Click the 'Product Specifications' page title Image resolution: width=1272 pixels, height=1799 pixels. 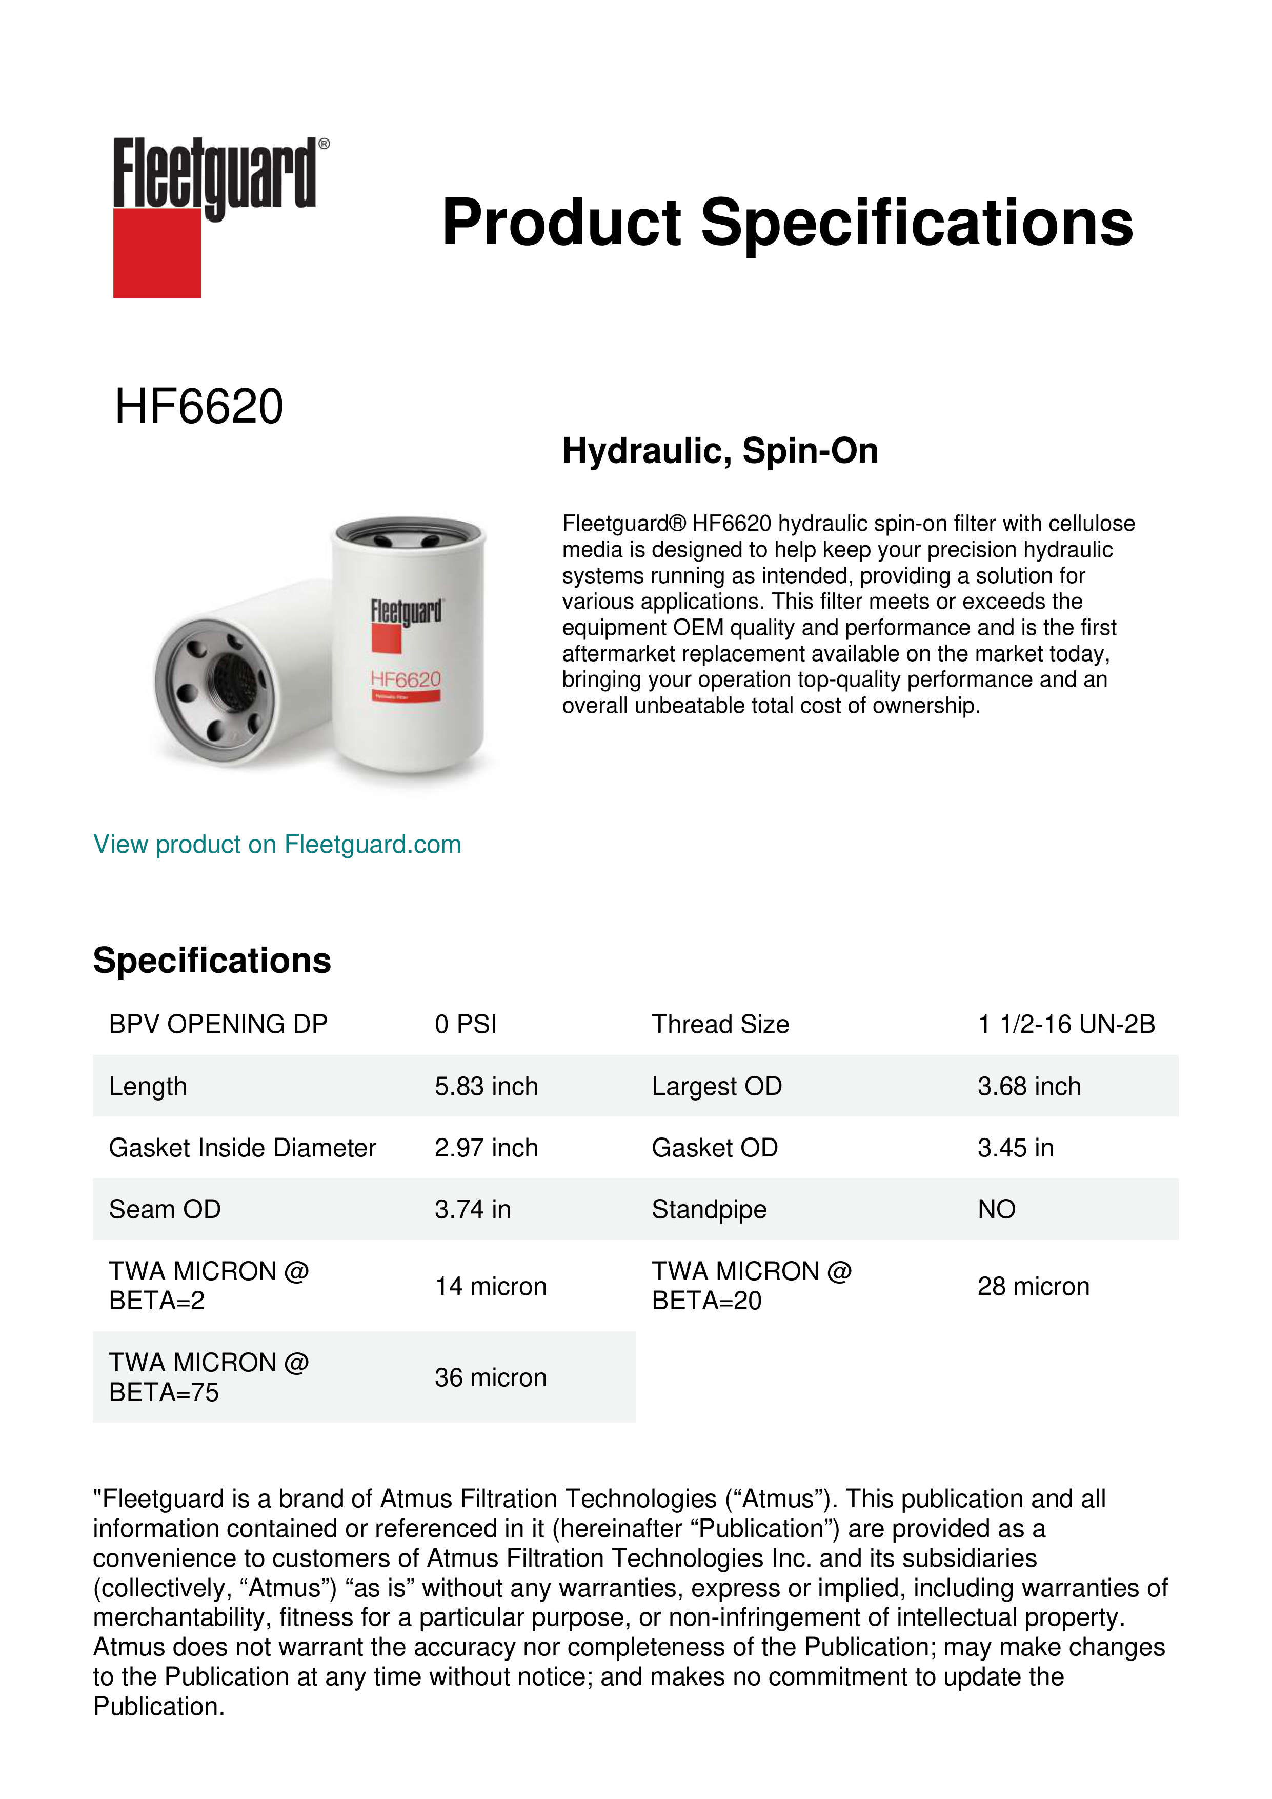787,223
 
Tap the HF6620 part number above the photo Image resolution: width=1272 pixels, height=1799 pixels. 199,407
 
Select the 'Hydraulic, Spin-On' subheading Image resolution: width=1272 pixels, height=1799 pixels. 720,451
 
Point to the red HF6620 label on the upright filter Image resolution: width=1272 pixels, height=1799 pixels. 406,679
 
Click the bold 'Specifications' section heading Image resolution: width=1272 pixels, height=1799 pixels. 211,961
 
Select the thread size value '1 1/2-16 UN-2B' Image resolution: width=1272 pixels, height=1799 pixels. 1066,1024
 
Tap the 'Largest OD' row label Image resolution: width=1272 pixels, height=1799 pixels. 717,1086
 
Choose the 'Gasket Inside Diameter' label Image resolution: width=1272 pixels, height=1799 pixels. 242,1148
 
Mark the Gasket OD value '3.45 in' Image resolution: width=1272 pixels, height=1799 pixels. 1015,1148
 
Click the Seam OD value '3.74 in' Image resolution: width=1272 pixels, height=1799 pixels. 472,1210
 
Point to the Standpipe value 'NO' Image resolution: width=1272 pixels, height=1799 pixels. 996,1210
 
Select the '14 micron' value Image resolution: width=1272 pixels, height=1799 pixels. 490,1287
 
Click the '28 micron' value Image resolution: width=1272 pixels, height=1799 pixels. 1033,1287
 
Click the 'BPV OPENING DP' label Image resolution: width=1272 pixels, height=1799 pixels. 218,1024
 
